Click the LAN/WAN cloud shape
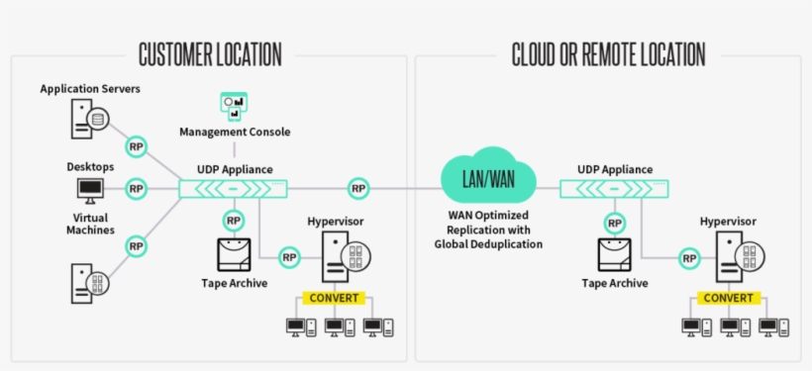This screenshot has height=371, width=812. click(487, 178)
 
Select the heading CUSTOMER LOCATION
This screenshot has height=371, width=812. click(210, 53)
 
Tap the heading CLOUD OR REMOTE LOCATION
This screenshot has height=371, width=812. click(608, 53)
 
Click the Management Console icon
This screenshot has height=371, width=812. click(234, 107)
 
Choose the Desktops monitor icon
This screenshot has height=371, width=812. click(89, 188)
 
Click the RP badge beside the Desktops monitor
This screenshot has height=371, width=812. click(137, 188)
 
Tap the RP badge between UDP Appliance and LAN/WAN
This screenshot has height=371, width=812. click(357, 188)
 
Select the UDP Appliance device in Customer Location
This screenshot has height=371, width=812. click(233, 188)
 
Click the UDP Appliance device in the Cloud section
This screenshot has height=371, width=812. click(615, 188)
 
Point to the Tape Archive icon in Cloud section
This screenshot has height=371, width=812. click(615, 255)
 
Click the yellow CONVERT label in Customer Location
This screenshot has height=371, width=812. click(335, 297)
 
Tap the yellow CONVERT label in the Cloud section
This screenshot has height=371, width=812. click(729, 297)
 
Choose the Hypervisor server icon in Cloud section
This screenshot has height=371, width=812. click(734, 257)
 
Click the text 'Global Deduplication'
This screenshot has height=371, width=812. click(488, 243)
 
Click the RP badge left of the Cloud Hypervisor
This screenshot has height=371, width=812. click(688, 257)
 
